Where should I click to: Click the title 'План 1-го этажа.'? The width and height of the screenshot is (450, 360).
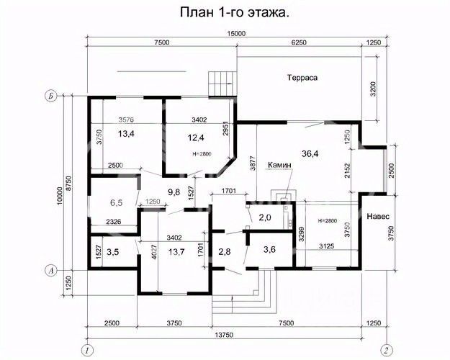(x=235, y=13)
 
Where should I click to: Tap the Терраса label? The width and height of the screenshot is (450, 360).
(x=302, y=78)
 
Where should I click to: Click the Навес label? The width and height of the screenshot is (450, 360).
(x=378, y=216)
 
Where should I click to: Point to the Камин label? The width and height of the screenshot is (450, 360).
(x=279, y=165)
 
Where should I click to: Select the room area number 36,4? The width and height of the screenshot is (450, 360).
(x=310, y=153)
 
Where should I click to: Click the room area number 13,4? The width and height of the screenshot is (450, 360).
(x=126, y=133)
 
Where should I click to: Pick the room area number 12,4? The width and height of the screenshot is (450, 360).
(x=196, y=138)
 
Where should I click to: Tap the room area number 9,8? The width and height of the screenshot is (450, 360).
(x=174, y=192)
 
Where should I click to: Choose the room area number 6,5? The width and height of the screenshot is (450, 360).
(x=116, y=202)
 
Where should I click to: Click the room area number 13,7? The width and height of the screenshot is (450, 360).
(x=176, y=252)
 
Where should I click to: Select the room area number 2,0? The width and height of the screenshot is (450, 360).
(x=265, y=217)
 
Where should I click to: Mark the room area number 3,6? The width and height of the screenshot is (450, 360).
(x=269, y=249)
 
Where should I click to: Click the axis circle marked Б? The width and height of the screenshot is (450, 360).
(x=51, y=96)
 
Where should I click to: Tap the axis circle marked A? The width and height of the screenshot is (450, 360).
(x=51, y=270)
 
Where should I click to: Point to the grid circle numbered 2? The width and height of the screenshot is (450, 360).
(x=387, y=351)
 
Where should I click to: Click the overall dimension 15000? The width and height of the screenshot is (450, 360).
(x=236, y=34)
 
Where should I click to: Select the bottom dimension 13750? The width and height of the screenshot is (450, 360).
(x=224, y=335)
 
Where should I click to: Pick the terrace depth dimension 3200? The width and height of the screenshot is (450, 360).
(x=373, y=89)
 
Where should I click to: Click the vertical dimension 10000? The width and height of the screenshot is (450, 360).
(x=60, y=197)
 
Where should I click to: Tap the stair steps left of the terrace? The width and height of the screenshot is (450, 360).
(x=222, y=84)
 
